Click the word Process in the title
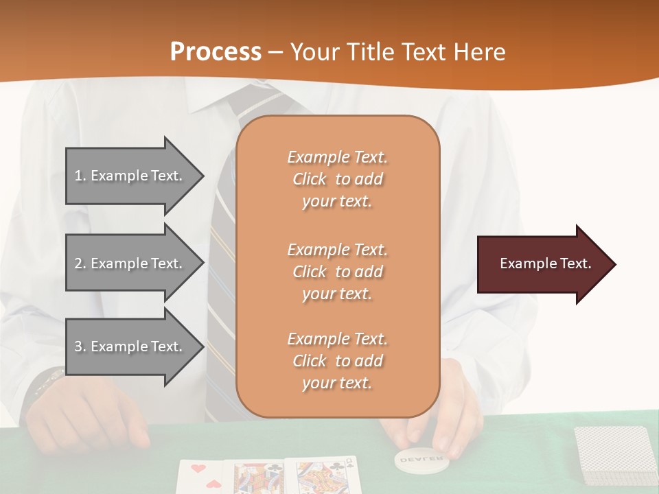coord(216,52)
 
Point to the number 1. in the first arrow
coord(80,176)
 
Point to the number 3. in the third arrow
coord(80,346)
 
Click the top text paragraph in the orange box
coord(337,179)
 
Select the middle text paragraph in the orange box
coord(337,272)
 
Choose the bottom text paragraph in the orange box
coord(337,361)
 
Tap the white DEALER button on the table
coord(421,458)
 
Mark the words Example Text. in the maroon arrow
coord(546,264)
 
